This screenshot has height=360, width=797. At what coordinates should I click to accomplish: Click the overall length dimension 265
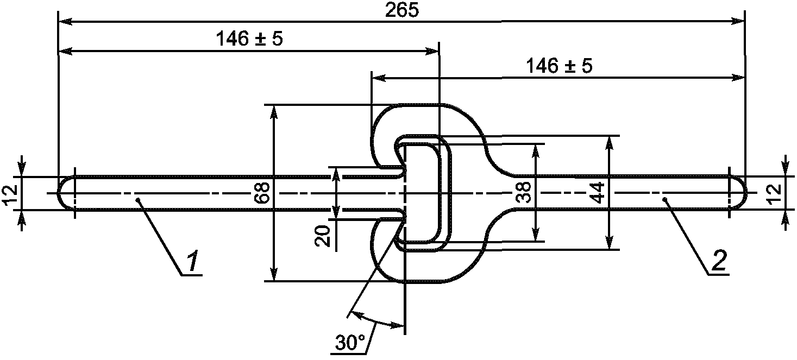pyautogui.click(x=402, y=11)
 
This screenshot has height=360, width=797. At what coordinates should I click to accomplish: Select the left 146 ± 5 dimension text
pyautogui.click(x=249, y=38)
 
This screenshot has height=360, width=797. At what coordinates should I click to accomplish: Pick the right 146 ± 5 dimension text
pyautogui.click(x=560, y=66)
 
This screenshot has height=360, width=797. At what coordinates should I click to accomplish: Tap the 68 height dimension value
pyautogui.click(x=262, y=192)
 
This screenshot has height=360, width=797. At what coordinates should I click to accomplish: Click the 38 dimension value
pyautogui.click(x=523, y=192)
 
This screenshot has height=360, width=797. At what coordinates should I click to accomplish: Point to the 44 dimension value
pyautogui.click(x=597, y=192)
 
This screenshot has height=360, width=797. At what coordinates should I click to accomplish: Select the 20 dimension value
pyautogui.click(x=323, y=236)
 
